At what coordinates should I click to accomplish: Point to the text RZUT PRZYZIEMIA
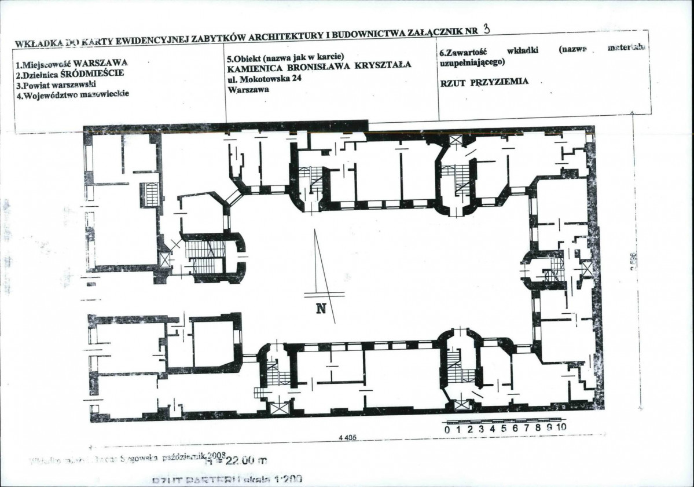tap(484, 82)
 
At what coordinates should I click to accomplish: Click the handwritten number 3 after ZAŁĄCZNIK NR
tap(484, 29)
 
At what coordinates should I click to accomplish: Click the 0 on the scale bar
tap(447, 429)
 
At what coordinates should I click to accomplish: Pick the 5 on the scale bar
tap(504, 429)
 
